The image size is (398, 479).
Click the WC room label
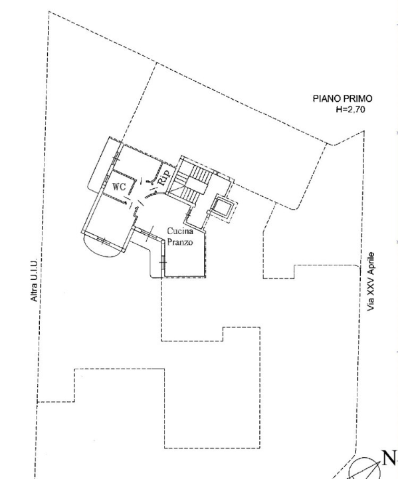[x=119, y=186]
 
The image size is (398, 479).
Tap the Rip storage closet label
[x=163, y=178]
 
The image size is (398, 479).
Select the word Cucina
[x=180, y=232]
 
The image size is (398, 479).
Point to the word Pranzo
[x=180, y=242]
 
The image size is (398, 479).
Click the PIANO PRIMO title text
[x=342, y=98]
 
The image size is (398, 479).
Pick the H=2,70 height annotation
[x=350, y=109]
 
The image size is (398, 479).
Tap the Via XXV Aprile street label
[x=371, y=281]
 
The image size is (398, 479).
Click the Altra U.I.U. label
[x=34, y=280]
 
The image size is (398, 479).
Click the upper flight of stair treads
[x=200, y=174]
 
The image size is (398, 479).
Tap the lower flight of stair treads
[x=191, y=194]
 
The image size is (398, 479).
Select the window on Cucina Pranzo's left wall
[x=163, y=262]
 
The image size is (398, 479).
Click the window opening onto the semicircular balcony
[x=104, y=241]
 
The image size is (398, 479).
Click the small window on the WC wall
[x=107, y=179]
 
